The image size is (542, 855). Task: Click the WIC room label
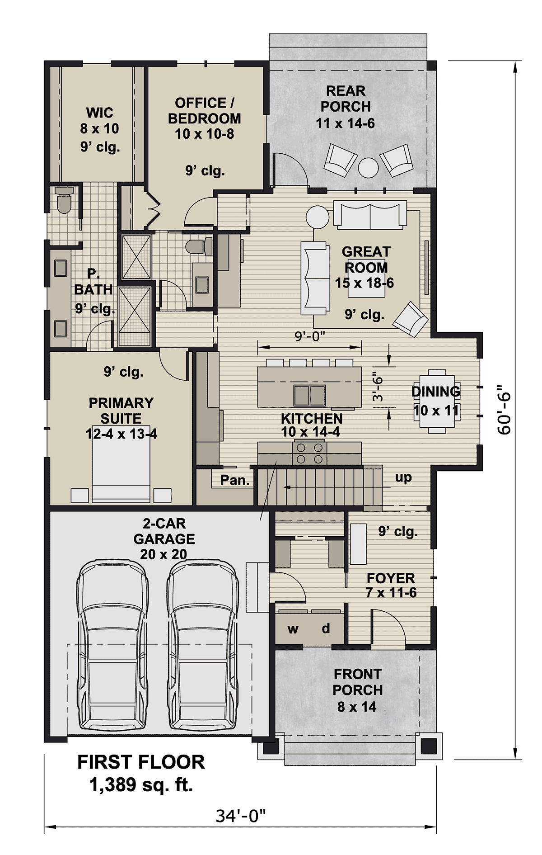click(100, 112)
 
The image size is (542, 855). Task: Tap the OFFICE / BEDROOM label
click(205, 111)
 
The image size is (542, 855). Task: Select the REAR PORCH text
click(346, 99)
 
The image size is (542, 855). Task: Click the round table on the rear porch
click(368, 167)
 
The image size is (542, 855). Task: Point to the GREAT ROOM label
click(366, 260)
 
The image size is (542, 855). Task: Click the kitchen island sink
click(309, 395)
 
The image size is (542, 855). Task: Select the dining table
click(437, 401)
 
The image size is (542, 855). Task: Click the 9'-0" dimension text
click(310, 336)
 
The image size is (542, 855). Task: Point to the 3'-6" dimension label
click(378, 386)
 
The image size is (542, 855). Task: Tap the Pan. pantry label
click(235, 480)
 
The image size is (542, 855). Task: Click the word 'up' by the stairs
click(403, 478)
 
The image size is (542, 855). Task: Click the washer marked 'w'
click(293, 628)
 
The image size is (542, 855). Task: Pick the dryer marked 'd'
click(326, 628)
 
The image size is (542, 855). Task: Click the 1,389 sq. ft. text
click(141, 785)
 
